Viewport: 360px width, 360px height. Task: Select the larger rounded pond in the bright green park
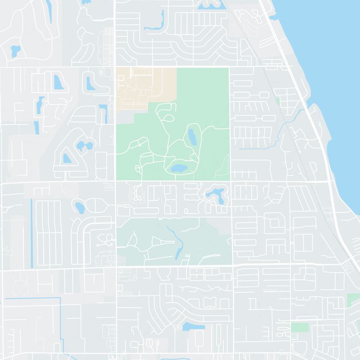[x=177, y=169]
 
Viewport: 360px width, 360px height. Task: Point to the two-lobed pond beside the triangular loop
[x=84, y=146]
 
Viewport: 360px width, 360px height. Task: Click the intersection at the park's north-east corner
[x=229, y=67]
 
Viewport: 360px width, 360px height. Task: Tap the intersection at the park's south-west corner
[x=116, y=181]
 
